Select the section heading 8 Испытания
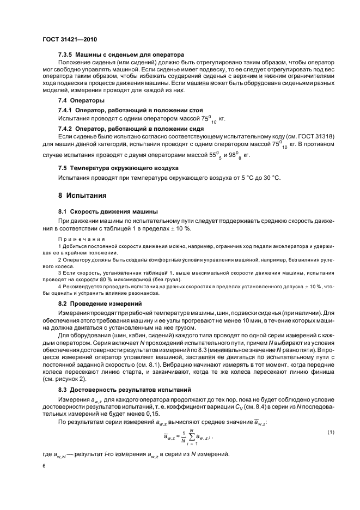[82, 195]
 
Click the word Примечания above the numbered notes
[82, 239]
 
